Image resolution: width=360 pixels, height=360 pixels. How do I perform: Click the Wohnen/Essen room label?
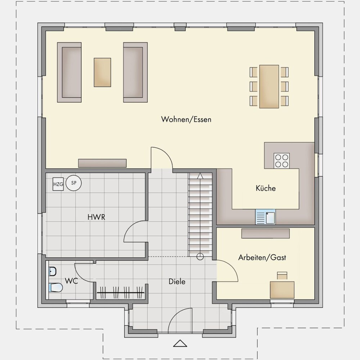point(186,120)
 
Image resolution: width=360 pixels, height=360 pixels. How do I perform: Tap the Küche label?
point(266,188)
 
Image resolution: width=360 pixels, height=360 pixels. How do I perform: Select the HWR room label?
point(96,217)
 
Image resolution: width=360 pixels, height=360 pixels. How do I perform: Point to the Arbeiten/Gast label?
point(262,257)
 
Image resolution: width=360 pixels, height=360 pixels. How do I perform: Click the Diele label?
point(177,282)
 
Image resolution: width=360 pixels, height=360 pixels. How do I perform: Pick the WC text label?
point(71,281)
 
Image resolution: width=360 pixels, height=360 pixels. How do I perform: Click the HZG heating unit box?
point(58,184)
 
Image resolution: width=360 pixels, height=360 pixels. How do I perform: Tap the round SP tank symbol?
point(74,183)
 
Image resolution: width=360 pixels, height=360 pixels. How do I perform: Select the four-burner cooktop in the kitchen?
point(282,161)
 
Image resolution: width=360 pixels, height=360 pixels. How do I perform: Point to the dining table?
point(269,86)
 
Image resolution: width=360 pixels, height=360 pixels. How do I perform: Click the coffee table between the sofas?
point(102,72)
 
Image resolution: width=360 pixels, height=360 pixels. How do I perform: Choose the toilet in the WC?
point(55,287)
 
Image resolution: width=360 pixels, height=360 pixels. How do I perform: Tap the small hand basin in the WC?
point(53,271)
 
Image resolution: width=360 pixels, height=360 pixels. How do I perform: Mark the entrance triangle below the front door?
point(180,343)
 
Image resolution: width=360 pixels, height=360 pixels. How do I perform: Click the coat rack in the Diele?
point(121,292)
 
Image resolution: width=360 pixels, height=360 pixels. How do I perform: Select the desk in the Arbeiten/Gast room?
point(282,290)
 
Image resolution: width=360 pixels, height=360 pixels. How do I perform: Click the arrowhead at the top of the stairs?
point(200,176)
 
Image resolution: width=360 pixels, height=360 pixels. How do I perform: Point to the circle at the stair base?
point(200,256)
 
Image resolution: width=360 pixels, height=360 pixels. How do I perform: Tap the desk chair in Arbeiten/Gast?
point(282,275)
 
